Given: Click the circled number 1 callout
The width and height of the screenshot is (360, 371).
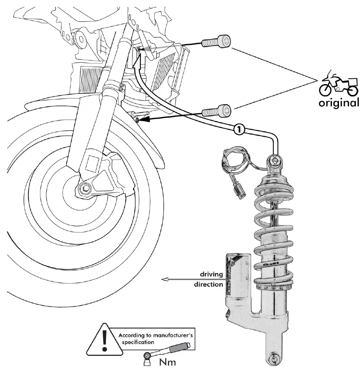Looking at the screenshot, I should [x=239, y=129].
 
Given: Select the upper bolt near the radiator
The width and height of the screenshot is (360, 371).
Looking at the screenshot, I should [x=216, y=42].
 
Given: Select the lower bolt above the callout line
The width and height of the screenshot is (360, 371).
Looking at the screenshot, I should [x=216, y=111].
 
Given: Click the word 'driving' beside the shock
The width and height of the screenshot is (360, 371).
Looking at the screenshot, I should [x=211, y=274].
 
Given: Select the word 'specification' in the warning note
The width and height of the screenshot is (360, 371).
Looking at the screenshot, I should [x=136, y=342].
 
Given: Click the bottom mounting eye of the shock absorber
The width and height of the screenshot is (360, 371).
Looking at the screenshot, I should [x=273, y=358].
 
